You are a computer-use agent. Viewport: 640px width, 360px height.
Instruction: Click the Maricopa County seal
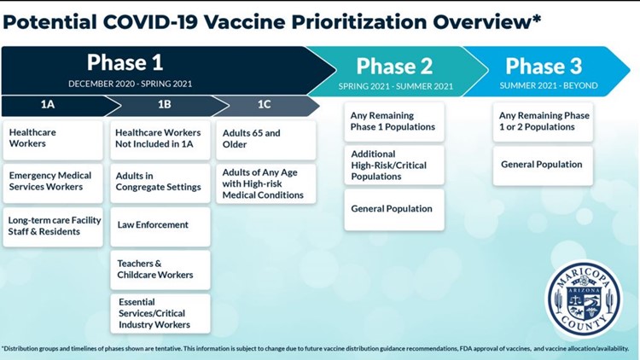pyautogui.click(x=585, y=299)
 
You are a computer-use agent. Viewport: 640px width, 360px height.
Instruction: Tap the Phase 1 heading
pyautogui.click(x=125, y=62)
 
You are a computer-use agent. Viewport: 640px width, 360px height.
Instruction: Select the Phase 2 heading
pyautogui.click(x=394, y=66)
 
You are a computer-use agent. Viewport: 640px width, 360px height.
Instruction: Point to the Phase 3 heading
pyautogui.click(x=544, y=66)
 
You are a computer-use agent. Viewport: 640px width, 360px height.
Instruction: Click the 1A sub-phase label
pyautogui.click(x=47, y=104)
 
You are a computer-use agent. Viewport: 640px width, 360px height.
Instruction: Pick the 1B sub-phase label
pyautogui.click(x=165, y=104)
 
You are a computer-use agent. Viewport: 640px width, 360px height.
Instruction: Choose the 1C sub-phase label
pyautogui.click(x=264, y=104)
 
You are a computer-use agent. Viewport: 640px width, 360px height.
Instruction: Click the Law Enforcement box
pyautogui.click(x=160, y=227)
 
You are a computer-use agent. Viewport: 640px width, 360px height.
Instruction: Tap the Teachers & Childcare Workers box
pyautogui.click(x=160, y=270)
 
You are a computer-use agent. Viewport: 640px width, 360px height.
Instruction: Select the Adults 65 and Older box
pyautogui.click(x=266, y=140)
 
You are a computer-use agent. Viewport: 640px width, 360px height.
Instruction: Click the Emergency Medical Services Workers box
pyautogui.click(x=53, y=183)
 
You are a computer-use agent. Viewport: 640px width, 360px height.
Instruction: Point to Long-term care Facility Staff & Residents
pyautogui.click(x=53, y=227)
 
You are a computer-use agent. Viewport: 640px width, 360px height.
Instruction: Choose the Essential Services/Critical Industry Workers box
pyautogui.click(x=160, y=313)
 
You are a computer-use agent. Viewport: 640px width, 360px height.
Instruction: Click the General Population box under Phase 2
pyautogui.click(x=394, y=210)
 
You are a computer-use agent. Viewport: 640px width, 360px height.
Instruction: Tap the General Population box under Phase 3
pyautogui.click(x=543, y=166)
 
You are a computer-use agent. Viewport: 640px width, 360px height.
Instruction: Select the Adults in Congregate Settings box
pyautogui.click(x=160, y=183)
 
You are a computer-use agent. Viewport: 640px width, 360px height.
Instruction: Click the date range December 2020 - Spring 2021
pyautogui.click(x=131, y=84)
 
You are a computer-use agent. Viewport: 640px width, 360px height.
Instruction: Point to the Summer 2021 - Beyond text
pyautogui.click(x=549, y=85)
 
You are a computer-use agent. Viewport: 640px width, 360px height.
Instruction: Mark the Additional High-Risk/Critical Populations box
pyautogui.click(x=394, y=165)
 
